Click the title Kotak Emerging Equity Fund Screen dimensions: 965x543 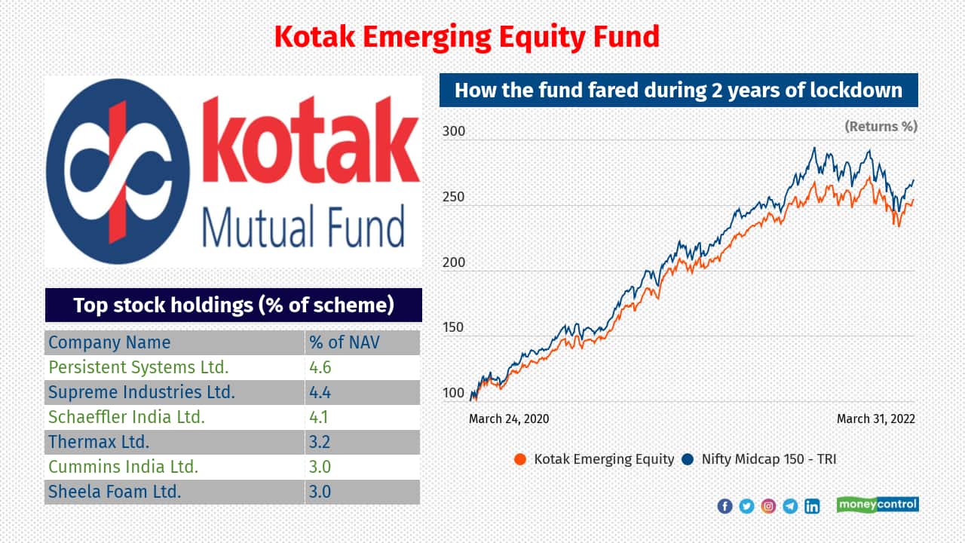click(x=467, y=38)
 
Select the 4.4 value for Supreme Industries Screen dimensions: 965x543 click(x=320, y=392)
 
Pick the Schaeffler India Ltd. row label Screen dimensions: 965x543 click(x=127, y=417)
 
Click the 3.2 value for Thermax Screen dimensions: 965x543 click(x=320, y=442)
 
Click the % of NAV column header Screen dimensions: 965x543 click(x=345, y=342)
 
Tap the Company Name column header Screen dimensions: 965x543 click(x=109, y=342)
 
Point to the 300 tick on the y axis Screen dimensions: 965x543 click(x=454, y=131)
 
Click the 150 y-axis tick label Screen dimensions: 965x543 click(x=454, y=327)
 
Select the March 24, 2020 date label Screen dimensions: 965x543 click(x=509, y=419)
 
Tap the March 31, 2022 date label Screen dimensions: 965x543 click(x=876, y=419)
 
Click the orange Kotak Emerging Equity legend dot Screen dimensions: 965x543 click(x=520, y=459)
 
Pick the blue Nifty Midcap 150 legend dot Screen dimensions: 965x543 click(x=688, y=459)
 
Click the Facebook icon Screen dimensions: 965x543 click(x=725, y=506)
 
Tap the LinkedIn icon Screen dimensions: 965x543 click(x=812, y=506)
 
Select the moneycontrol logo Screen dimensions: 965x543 click(x=878, y=505)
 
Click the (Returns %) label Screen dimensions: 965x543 click(x=881, y=126)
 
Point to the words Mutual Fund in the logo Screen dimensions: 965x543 click(x=304, y=227)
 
